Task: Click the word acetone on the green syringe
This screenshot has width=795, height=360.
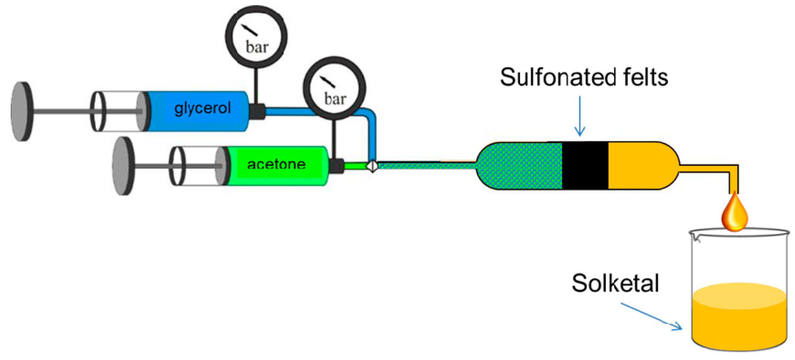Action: (x=276, y=164)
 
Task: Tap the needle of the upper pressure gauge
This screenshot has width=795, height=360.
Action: (x=249, y=30)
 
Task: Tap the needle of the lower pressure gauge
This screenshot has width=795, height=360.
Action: (x=327, y=81)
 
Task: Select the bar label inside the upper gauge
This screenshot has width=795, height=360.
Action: (x=257, y=47)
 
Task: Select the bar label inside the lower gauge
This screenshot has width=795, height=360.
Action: (x=335, y=99)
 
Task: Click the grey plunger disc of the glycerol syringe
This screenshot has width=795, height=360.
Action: (x=22, y=111)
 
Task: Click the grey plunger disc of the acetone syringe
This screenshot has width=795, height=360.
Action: (x=123, y=166)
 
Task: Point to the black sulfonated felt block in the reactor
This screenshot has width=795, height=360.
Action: (x=585, y=166)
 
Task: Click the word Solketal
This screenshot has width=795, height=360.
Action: (x=615, y=283)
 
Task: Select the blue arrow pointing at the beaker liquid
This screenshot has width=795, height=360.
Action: (x=651, y=316)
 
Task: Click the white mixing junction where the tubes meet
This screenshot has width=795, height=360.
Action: (x=373, y=166)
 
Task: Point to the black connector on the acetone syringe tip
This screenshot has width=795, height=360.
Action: (x=336, y=166)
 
